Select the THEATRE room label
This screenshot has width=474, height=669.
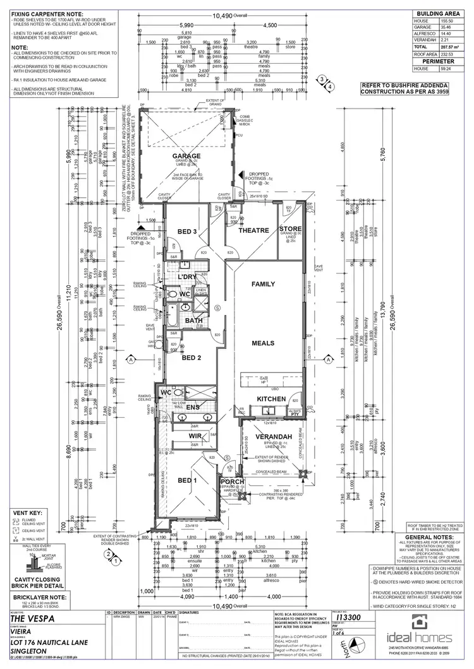click(x=254, y=231)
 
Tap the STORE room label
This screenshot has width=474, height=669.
click(x=291, y=229)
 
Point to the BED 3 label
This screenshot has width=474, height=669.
click(x=188, y=232)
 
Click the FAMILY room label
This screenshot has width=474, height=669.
click(x=263, y=285)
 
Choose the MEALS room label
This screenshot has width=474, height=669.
click(x=263, y=343)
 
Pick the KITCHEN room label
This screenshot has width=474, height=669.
click(x=271, y=399)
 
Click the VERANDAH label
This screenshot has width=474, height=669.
click(x=273, y=437)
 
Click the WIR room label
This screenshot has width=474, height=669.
click(x=194, y=436)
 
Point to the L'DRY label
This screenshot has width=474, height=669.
click(x=186, y=278)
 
